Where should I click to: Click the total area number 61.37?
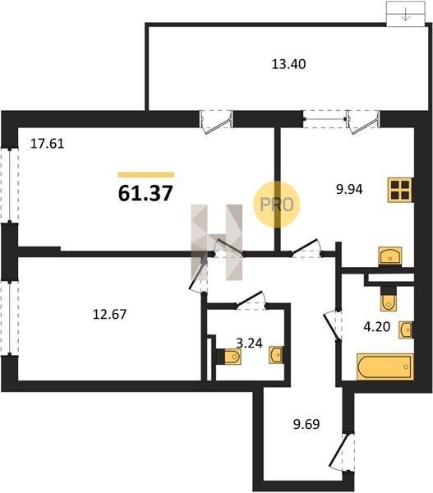coord(145,193)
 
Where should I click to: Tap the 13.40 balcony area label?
coord(288,64)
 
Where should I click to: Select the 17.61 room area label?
coord(47,144)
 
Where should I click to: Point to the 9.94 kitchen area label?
coord(349,189)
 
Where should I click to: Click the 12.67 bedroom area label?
coord(109,314)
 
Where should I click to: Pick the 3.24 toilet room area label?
coord(249,343)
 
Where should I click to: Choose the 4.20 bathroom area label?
coord(376,327)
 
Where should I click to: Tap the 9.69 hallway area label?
coord(306,424)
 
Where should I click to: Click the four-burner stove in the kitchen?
coord(400,190)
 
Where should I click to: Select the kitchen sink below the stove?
coord(390,256)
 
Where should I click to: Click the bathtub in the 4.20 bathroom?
coord(385,366)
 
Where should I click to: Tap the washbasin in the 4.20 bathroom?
coord(406,329)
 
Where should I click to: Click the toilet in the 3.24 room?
coord(229,357)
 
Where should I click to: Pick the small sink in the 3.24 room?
coord(276,355)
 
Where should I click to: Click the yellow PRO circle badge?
coord(277,205)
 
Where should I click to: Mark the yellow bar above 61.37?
coord(146,175)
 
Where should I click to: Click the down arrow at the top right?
coord(406,15)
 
